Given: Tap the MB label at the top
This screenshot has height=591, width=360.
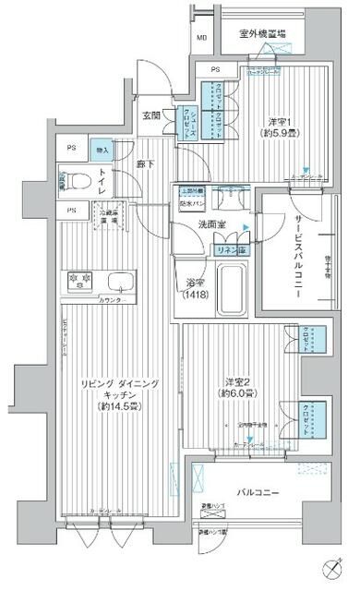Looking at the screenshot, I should click(201, 38).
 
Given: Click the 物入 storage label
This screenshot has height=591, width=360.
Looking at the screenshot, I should click(102, 151).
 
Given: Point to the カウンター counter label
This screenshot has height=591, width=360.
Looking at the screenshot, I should click(111, 300).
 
